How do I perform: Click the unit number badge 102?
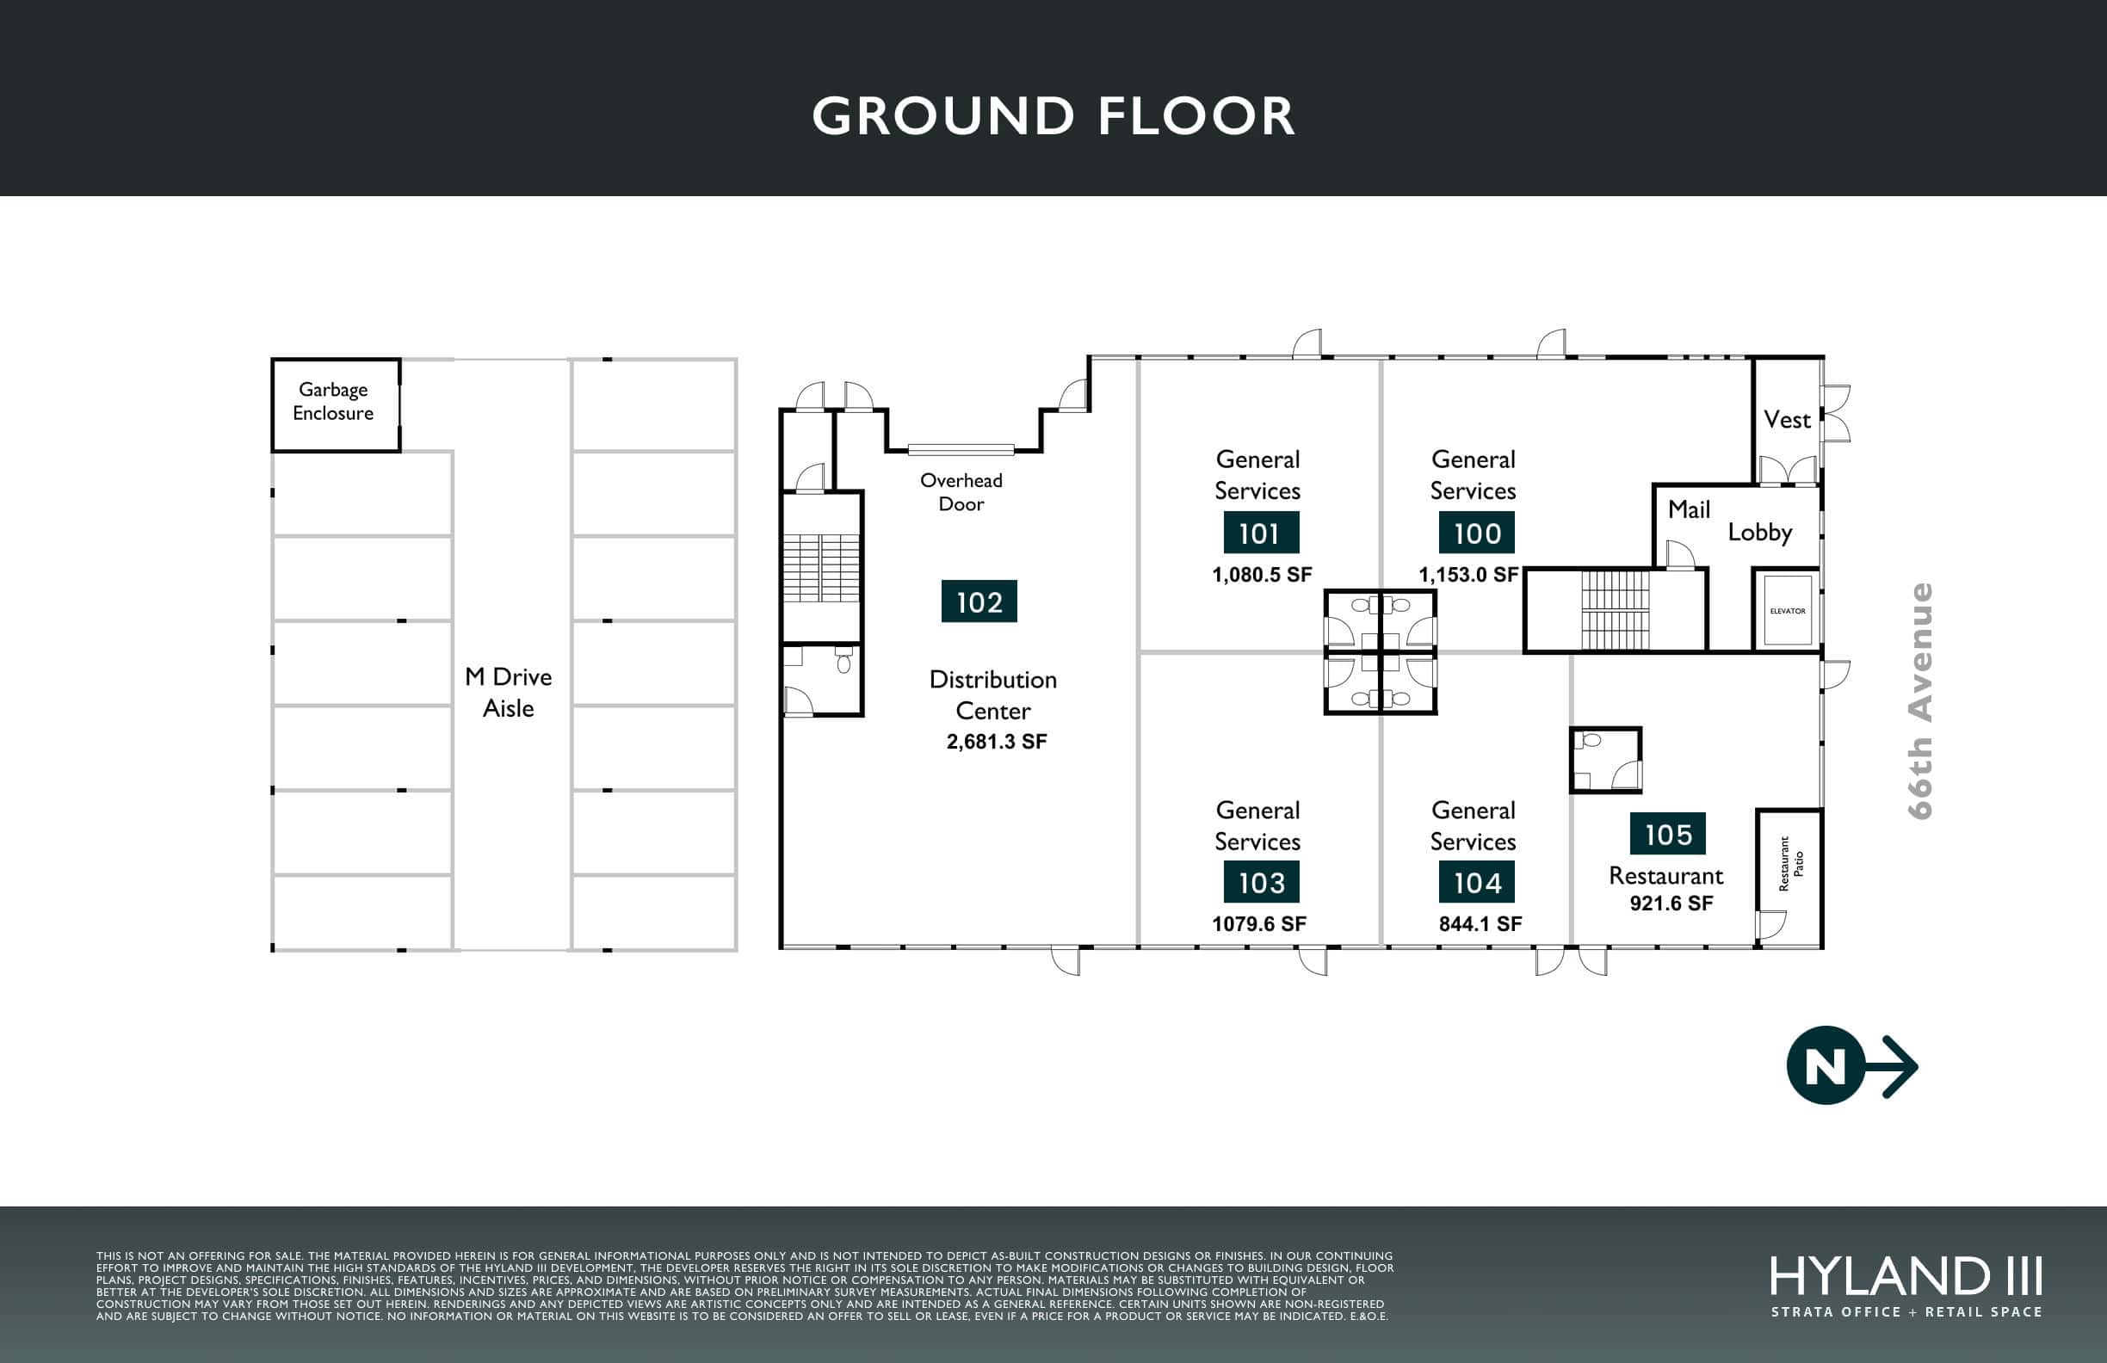pyautogui.click(x=979, y=601)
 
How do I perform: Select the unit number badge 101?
pyautogui.click(x=1262, y=533)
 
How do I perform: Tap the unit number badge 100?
pyautogui.click(x=1477, y=533)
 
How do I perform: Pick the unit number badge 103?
pyautogui.click(x=1262, y=881)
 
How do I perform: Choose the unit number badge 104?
pyautogui.click(x=1477, y=881)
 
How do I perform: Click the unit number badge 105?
pyautogui.click(x=1668, y=834)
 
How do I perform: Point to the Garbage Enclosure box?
pyautogui.click(x=336, y=405)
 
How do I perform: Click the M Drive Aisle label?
pyautogui.click(x=508, y=692)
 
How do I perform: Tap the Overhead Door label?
pyautogui.click(x=961, y=492)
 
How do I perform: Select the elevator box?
pyautogui.click(x=1788, y=611)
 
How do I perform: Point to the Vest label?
pyautogui.click(x=1788, y=420)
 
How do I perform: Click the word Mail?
pyautogui.click(x=1690, y=509)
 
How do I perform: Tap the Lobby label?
pyautogui.click(x=1760, y=532)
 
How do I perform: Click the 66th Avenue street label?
pyautogui.click(x=1919, y=701)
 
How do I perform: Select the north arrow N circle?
pyautogui.click(x=1826, y=1064)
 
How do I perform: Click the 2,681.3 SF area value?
pyautogui.click(x=997, y=742)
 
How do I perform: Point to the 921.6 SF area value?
pyautogui.click(x=1671, y=903)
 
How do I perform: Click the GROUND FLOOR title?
pyautogui.click(x=1053, y=116)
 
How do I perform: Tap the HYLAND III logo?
pyautogui.click(x=1906, y=1287)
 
